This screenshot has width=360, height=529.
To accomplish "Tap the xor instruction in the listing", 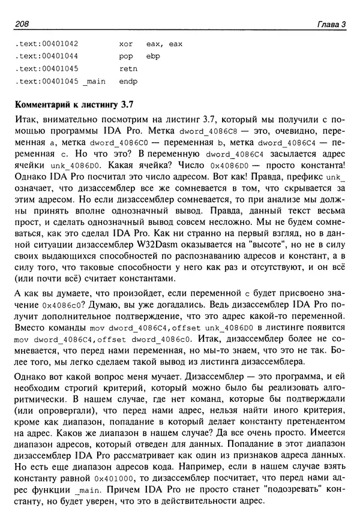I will (126, 44).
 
